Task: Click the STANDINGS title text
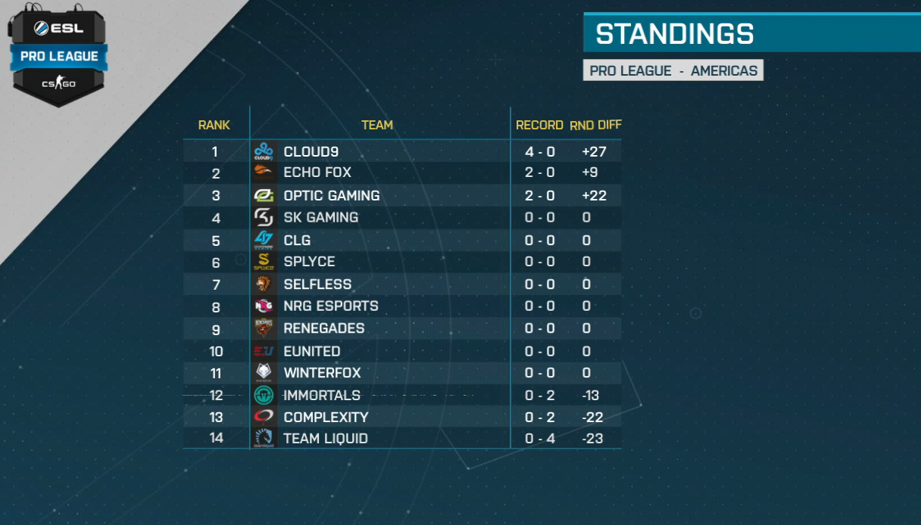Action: coord(674,34)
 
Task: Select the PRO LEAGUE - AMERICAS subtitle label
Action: coord(673,70)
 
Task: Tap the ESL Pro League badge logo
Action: coord(58,54)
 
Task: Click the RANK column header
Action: coord(214,125)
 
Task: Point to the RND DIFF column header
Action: coord(595,125)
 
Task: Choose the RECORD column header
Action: coord(539,125)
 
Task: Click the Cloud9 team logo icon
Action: coord(264,151)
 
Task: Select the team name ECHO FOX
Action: coord(317,172)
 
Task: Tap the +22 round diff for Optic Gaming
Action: coord(595,195)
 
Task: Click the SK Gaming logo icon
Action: coord(264,218)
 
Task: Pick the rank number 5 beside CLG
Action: coord(216,241)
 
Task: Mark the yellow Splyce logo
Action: coord(264,262)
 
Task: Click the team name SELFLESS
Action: coord(317,284)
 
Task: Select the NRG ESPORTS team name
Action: coord(331,306)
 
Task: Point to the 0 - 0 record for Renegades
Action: coord(539,328)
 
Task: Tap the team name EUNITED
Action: coord(312,351)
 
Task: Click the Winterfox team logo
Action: coord(264,372)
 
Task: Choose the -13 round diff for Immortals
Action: coord(591,395)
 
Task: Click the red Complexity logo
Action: coord(264,417)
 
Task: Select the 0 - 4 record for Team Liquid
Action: coord(539,439)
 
